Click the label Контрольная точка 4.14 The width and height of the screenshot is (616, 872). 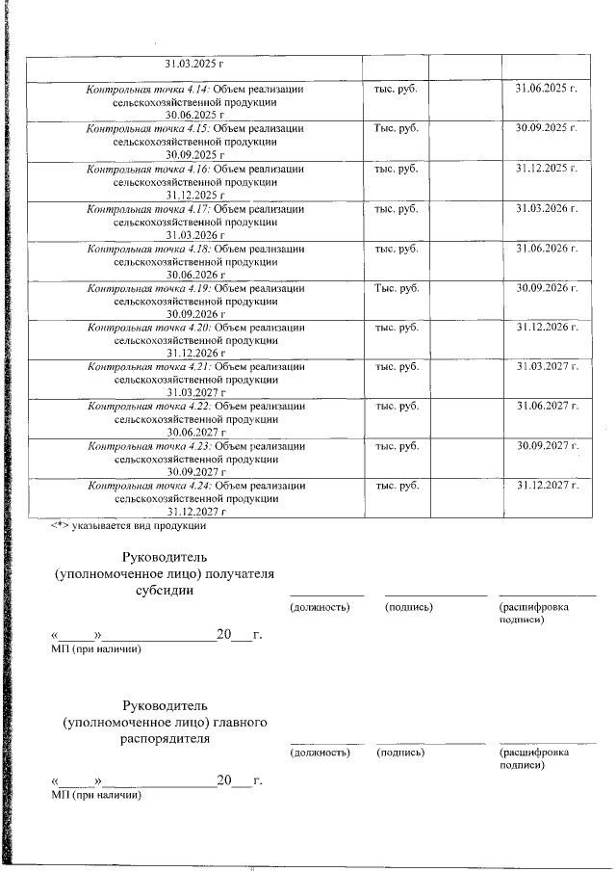(148, 90)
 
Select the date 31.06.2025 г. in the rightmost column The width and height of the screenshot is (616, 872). (546, 90)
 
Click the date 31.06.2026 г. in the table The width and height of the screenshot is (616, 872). (546, 249)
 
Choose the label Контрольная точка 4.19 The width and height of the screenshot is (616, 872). (149, 288)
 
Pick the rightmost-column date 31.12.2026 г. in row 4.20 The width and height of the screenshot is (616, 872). (546, 328)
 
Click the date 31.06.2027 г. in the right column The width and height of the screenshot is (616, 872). (546, 407)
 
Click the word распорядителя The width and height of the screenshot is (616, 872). (165, 739)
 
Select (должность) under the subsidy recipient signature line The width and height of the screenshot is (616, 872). (319, 608)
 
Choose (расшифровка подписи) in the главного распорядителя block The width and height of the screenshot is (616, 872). (533, 758)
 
